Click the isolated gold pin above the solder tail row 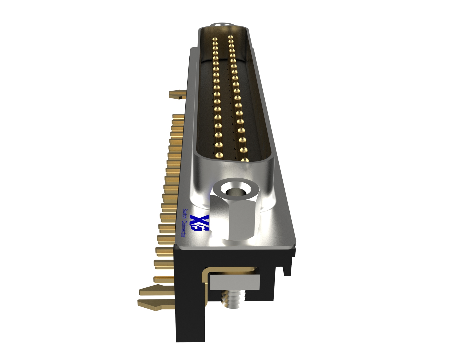point(177,94)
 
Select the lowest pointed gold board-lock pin point(153,305)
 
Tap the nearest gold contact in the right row point(245,160)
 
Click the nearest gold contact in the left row point(219,155)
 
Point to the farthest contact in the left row point(215,39)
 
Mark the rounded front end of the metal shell point(233,169)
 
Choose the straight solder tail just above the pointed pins point(163,279)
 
